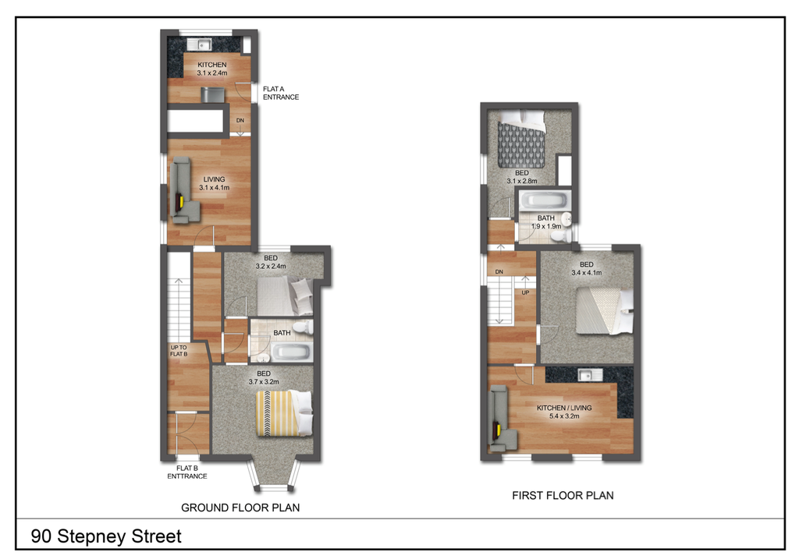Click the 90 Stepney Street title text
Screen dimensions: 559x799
pyautogui.click(x=106, y=536)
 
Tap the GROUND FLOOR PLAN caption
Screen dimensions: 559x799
pyautogui.click(x=240, y=508)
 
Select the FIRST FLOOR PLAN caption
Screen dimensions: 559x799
pyautogui.click(x=563, y=495)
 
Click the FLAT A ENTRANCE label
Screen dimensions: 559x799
pyautogui.click(x=280, y=94)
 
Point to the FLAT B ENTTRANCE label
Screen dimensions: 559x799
pyautogui.click(x=186, y=472)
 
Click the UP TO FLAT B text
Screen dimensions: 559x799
pyautogui.click(x=179, y=351)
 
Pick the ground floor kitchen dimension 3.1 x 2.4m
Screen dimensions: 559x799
pyautogui.click(x=212, y=73)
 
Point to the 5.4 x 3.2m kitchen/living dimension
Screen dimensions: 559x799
pyautogui.click(x=564, y=416)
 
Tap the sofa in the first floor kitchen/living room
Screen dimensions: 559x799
pyautogui.click(x=501, y=422)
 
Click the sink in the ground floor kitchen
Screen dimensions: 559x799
pyautogui.click(x=204, y=44)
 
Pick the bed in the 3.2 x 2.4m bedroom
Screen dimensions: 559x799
pyautogui.click(x=284, y=295)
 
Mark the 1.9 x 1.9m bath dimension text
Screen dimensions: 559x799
pyautogui.click(x=547, y=226)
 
